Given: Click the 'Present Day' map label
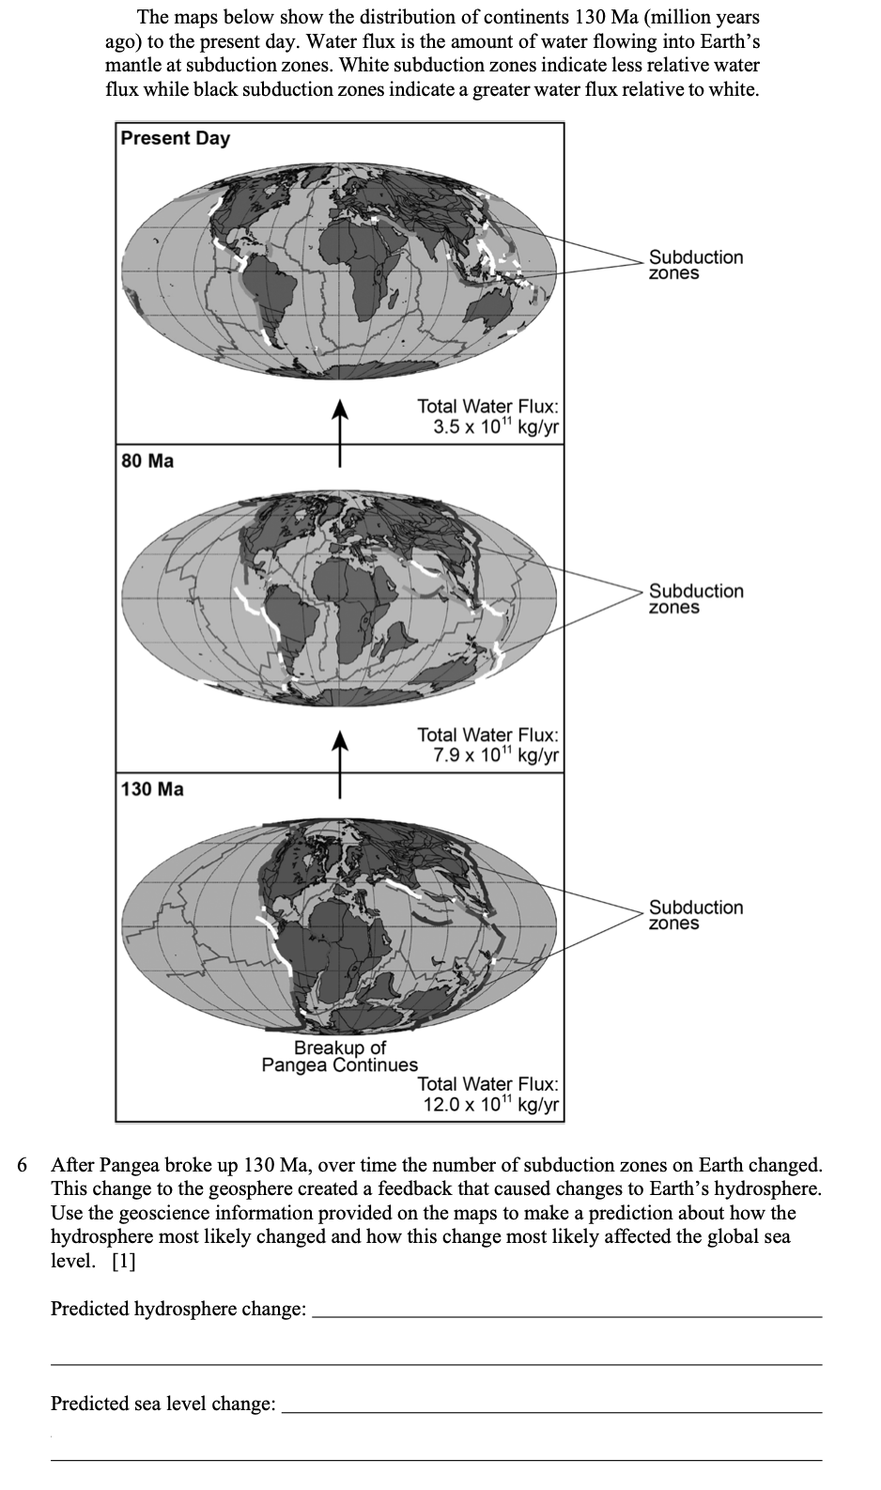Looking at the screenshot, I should (x=176, y=138).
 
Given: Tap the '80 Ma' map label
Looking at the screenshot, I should (x=148, y=461).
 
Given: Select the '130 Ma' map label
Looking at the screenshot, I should (x=153, y=789).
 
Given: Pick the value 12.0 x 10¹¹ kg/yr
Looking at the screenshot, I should (x=491, y=1105).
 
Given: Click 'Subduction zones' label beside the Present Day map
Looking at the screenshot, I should (x=695, y=264).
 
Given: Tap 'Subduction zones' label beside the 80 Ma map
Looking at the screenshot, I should (x=695, y=598).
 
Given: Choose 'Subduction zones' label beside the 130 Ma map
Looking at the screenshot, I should (x=695, y=915).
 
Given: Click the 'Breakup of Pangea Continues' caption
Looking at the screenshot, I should (x=339, y=1056).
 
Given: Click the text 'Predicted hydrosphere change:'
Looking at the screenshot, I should (x=178, y=1309).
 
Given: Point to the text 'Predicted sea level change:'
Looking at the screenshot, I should (x=163, y=1404).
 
